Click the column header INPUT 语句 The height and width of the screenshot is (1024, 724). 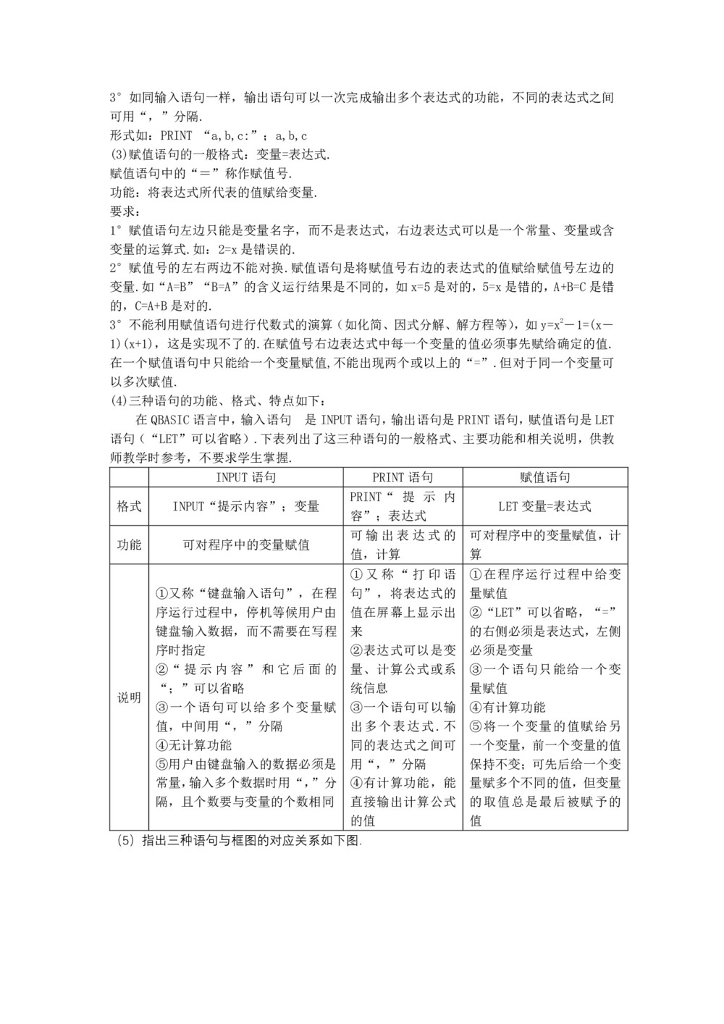point(245,477)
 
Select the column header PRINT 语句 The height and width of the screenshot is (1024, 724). point(403,477)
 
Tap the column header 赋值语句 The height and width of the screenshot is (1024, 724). point(545,477)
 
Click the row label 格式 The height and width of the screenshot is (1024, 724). point(129,506)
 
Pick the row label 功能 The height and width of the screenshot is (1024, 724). point(129,545)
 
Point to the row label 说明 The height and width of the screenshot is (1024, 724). point(129,698)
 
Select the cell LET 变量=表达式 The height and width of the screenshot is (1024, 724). point(545,506)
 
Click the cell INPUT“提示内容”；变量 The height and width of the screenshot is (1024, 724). point(245,506)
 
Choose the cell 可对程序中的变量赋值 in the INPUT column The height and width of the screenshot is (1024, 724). point(245,545)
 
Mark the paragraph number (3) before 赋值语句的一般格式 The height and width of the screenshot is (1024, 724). point(118,154)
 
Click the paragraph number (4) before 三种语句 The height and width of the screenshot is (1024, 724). point(118,400)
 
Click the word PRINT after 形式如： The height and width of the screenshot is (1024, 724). point(176,135)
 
